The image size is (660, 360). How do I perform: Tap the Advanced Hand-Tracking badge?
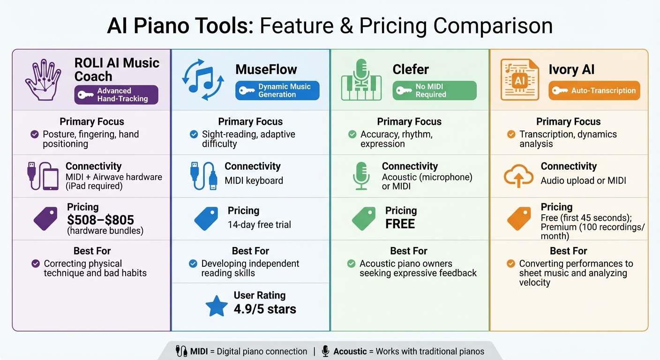(116, 95)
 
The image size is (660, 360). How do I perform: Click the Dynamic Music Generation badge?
(277, 90)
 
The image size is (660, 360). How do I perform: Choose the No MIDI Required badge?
(434, 90)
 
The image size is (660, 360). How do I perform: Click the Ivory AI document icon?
(519, 79)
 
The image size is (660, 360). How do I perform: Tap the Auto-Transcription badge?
(594, 90)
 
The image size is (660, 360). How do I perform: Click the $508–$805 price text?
(100, 219)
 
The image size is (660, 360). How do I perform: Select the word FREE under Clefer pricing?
(400, 224)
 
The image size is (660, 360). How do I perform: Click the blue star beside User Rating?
(217, 306)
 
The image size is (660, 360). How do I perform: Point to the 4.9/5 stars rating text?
(265, 309)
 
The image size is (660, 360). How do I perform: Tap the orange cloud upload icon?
(518, 177)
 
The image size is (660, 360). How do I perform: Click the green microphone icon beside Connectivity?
(361, 176)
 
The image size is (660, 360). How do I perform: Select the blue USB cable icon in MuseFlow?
(203, 176)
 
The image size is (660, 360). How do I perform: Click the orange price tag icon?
(519, 219)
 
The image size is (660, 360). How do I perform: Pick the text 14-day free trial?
(259, 225)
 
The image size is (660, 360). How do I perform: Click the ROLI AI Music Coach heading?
(116, 69)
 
